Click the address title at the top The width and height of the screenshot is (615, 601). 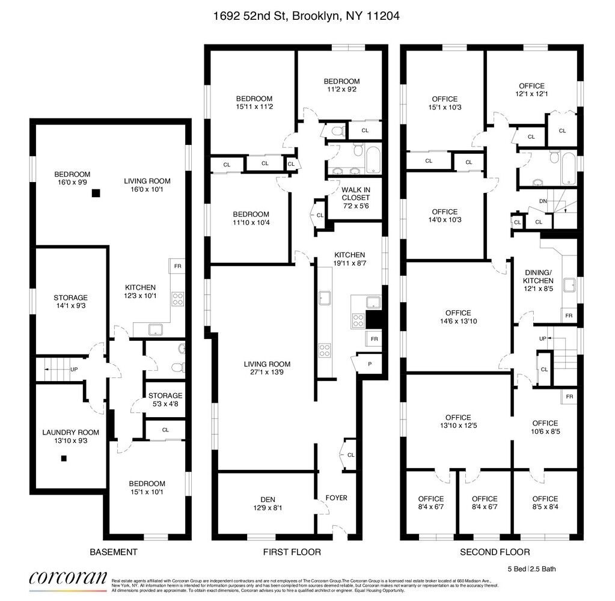307,16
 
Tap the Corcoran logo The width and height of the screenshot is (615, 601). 68,578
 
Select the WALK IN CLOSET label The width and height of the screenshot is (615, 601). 356,193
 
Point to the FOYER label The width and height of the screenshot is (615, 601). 336,498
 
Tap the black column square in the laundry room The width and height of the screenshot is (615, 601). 64,459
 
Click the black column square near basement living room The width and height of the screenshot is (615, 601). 95,193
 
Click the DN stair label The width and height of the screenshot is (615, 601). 543,201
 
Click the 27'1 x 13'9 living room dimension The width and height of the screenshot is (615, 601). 267,374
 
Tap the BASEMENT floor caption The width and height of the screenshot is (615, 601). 113,552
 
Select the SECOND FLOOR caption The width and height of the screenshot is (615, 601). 495,552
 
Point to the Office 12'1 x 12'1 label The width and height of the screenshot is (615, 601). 531,90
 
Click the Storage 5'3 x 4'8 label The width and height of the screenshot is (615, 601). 165,400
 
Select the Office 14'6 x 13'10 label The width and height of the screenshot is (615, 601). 459,317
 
